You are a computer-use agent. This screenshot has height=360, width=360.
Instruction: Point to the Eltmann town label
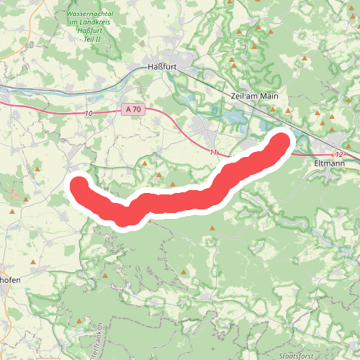click(x=330, y=163)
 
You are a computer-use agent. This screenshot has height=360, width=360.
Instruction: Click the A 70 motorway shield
click(x=132, y=109)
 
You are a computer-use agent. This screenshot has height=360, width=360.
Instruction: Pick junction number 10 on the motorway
click(x=88, y=114)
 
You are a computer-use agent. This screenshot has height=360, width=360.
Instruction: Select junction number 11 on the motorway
click(x=214, y=152)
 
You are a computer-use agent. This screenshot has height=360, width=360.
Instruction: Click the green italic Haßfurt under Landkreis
click(x=90, y=30)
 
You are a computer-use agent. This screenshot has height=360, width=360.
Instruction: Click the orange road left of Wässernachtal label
click(x=54, y=14)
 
